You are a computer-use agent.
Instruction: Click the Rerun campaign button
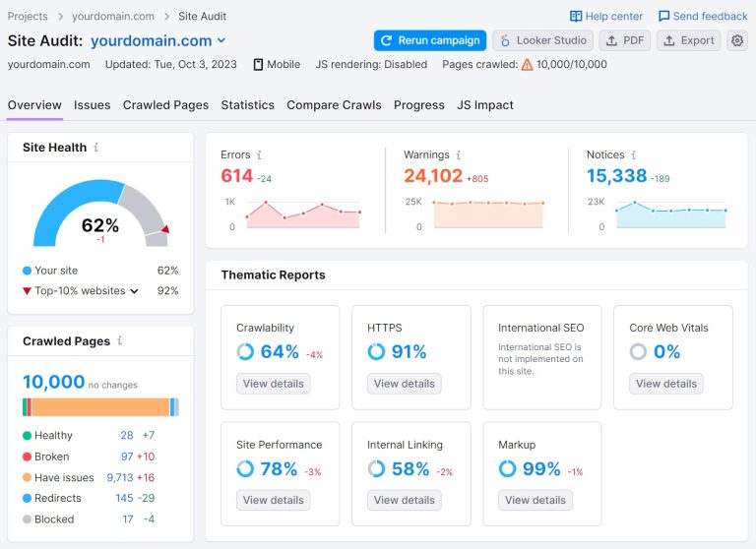tap(429, 40)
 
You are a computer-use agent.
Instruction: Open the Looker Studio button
tap(542, 40)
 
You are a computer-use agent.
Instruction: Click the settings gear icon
tap(737, 40)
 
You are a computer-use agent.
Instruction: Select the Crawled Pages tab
tap(165, 105)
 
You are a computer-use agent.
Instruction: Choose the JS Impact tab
tap(484, 105)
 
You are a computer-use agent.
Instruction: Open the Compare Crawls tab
tap(334, 105)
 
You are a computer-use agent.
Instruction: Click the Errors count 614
tap(236, 176)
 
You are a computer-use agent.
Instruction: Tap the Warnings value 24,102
tap(433, 176)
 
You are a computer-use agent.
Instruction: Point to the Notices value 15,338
tap(616, 176)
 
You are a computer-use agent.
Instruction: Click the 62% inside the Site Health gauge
tap(100, 225)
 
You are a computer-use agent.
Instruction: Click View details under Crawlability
tap(273, 384)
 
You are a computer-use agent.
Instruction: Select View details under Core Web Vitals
tap(665, 384)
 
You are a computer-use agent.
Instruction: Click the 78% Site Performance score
tap(279, 469)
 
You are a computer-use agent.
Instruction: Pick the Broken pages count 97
tap(127, 457)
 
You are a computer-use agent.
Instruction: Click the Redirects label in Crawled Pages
tap(58, 498)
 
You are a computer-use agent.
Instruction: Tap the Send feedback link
tap(703, 16)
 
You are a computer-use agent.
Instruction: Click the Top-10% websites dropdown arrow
tap(135, 291)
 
